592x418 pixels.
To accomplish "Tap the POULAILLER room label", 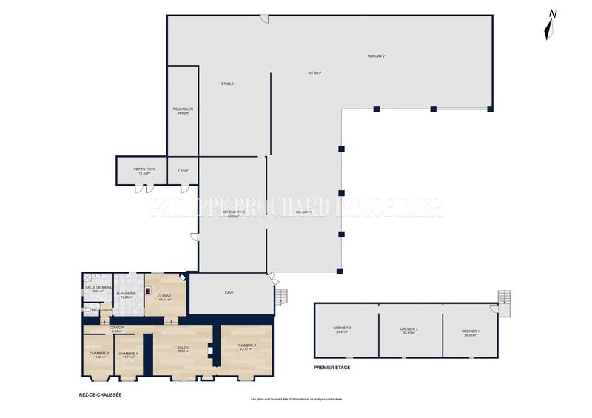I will pyautogui.click(x=183, y=109).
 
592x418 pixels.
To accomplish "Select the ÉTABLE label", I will pyautogui.click(x=228, y=84).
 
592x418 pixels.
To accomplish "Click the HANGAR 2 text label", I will pyautogui.click(x=376, y=56).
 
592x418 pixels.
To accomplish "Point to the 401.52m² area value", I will pyautogui.click(x=314, y=73).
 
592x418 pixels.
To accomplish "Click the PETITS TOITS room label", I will pyautogui.click(x=144, y=169).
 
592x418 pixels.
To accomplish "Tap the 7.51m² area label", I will pyautogui.click(x=183, y=171).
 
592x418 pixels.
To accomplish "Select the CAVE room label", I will pyautogui.click(x=229, y=293).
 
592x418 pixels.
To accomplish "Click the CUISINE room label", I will pyautogui.click(x=165, y=296).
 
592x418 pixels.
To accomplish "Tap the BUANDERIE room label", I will pyautogui.click(x=126, y=294).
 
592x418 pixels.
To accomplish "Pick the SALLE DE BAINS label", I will pyautogui.click(x=98, y=287).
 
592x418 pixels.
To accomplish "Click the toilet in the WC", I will pyautogui.click(x=87, y=310).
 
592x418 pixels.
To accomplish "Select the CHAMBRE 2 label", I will pyautogui.click(x=98, y=354).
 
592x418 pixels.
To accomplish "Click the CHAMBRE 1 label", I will pyautogui.click(x=127, y=354).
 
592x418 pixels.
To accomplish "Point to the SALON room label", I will pyautogui.click(x=183, y=348).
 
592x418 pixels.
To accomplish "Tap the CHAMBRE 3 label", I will pyautogui.click(x=246, y=345).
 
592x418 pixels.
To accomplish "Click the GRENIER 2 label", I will pyautogui.click(x=409, y=328).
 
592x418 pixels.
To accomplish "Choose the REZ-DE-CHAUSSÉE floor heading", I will pyautogui.click(x=100, y=394).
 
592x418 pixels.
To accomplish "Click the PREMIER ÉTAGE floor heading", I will pyautogui.click(x=332, y=368).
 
